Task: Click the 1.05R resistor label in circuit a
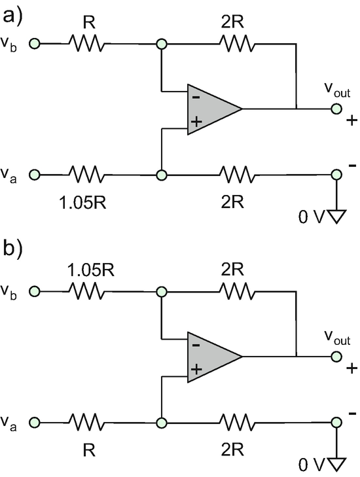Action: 82,202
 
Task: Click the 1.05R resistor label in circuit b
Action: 91,270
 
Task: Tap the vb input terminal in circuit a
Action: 35,44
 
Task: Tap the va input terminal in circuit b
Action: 35,423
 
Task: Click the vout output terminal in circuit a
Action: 336,109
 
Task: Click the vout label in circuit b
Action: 337,337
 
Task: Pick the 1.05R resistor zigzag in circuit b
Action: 87,291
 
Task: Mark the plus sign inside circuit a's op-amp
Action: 196,122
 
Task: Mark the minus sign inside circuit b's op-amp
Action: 196,345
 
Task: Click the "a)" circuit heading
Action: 12,16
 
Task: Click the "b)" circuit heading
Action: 12,249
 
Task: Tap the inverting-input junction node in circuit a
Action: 162,44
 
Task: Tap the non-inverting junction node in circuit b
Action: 162,423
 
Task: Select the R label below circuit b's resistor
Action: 89,450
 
